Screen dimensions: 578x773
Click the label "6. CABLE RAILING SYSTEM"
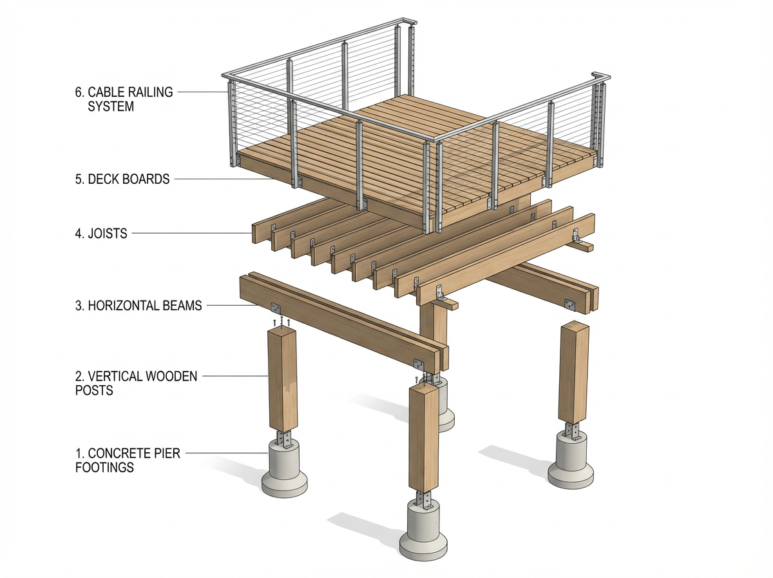(x=124, y=99)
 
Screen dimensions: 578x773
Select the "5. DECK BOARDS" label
(x=122, y=179)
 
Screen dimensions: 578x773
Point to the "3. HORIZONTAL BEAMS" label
(x=138, y=305)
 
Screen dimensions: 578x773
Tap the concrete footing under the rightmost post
(x=571, y=463)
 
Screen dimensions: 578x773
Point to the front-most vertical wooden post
(x=424, y=439)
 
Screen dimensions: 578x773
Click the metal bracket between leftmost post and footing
(x=284, y=439)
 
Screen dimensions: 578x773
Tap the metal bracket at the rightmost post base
(x=571, y=430)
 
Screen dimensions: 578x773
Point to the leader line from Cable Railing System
(x=202, y=92)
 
